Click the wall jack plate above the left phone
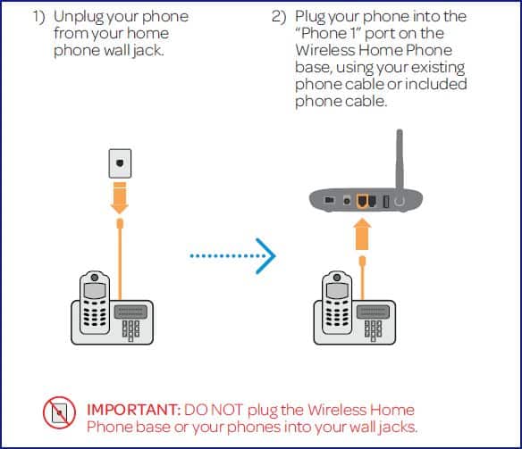[120, 163]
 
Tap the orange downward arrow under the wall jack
[120, 198]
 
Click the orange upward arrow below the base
[362, 234]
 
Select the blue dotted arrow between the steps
[233, 256]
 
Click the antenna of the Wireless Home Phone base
[400, 160]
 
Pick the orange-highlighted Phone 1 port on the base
[362, 202]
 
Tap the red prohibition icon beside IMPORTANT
[59, 412]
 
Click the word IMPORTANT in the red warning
[133, 410]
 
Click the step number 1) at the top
[38, 17]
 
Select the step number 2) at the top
[279, 17]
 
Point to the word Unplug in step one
[79, 17]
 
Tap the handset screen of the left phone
[95, 292]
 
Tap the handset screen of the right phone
[337, 292]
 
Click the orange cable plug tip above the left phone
[120, 223]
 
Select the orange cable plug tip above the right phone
[363, 261]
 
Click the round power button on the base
[400, 201]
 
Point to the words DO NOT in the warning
[214, 410]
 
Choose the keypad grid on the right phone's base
[374, 330]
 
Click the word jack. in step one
[148, 52]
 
